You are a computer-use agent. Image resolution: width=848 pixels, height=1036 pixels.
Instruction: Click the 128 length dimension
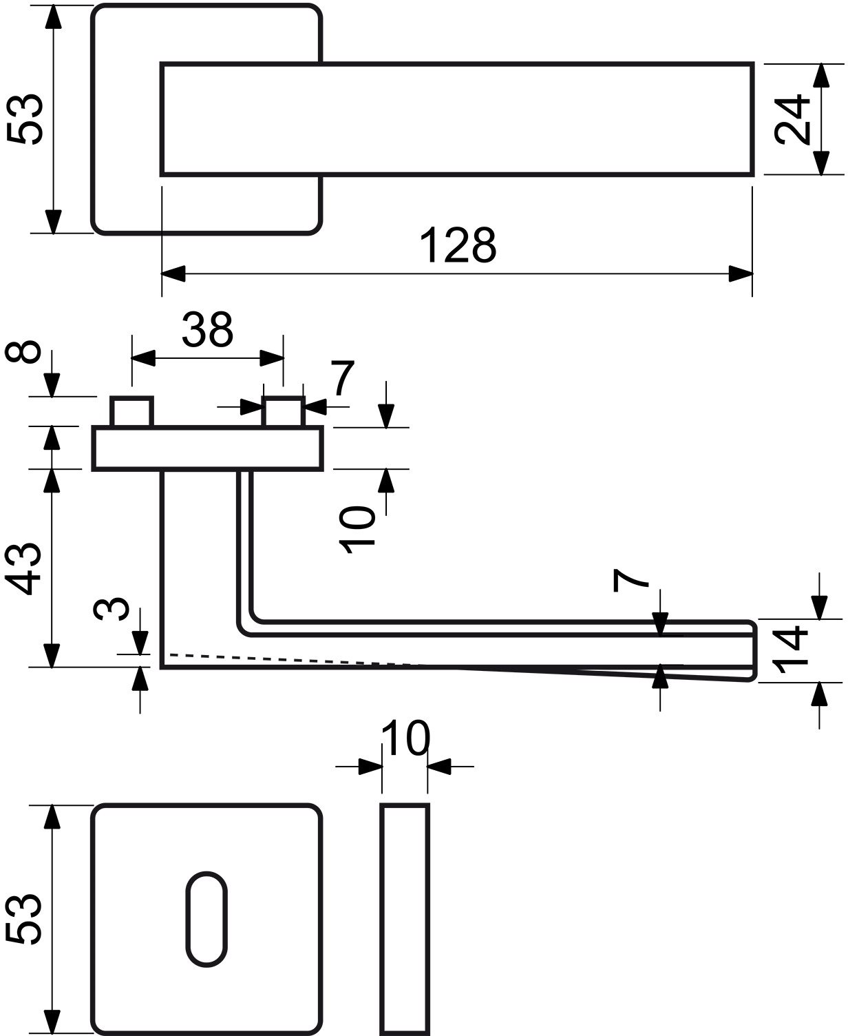[x=457, y=245]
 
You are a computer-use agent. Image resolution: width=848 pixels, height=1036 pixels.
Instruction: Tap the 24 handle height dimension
[x=792, y=119]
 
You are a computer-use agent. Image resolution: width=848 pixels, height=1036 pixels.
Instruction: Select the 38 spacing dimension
[x=207, y=329]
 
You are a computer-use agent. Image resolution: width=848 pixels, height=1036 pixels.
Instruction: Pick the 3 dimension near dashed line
[x=111, y=609]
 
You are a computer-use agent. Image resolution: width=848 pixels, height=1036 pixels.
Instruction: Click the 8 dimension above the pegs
[x=23, y=351]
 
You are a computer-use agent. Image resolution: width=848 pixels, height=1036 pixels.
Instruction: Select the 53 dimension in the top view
[x=25, y=119]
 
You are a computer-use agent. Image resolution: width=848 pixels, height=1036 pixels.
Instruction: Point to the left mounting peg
[x=131, y=411]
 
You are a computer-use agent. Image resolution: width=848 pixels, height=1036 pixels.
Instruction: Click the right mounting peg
[x=283, y=411]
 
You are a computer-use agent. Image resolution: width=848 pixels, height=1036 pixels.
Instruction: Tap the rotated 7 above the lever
[x=630, y=580]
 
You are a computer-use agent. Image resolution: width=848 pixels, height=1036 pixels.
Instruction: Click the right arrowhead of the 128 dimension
[x=741, y=273]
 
